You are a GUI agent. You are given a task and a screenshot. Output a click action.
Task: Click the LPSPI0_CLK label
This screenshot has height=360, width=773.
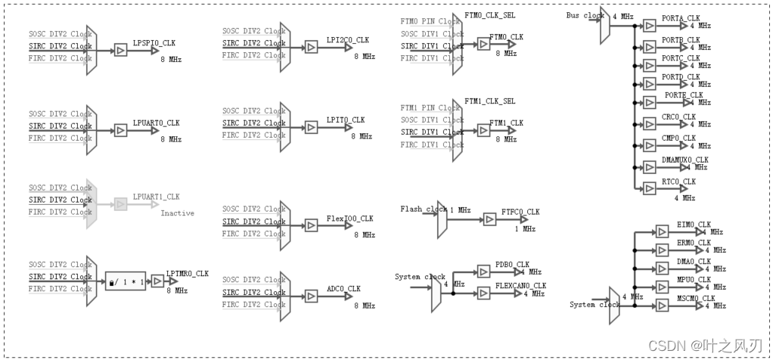(154, 42)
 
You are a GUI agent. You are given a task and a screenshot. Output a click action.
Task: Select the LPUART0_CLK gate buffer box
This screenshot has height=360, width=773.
(120, 130)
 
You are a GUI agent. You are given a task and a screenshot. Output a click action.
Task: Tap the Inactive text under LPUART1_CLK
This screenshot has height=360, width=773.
(177, 213)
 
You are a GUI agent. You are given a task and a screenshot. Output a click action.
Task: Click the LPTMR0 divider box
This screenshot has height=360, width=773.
(125, 281)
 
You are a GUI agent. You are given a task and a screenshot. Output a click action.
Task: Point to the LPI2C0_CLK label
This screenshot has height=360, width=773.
(348, 39)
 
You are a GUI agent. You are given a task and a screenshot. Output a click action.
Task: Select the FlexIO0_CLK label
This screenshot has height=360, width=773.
(349, 219)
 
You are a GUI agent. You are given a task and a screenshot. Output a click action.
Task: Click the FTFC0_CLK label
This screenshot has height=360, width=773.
(520, 212)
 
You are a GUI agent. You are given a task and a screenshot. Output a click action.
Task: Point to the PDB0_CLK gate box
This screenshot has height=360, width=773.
(483, 272)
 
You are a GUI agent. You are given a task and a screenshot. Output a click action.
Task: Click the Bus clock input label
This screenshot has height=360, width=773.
(585, 16)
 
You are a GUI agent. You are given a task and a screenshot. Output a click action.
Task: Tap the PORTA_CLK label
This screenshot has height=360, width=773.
(681, 18)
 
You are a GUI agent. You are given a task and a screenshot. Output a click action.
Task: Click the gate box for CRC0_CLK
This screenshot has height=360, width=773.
(648, 123)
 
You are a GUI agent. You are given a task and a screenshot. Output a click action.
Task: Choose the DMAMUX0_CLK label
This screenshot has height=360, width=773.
(685, 160)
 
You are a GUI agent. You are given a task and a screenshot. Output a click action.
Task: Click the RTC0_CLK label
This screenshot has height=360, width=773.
(678, 182)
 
